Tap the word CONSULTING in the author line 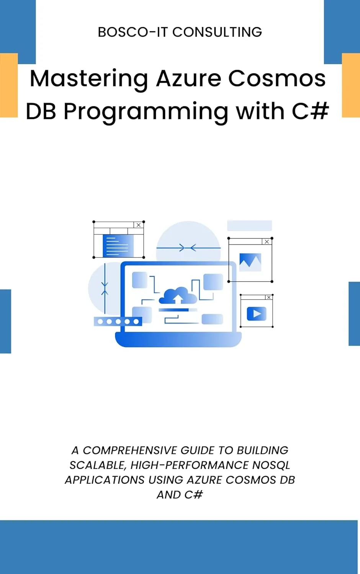click(217, 32)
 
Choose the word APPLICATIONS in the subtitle click(105, 480)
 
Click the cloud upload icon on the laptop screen click(178, 295)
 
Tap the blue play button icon click(257, 314)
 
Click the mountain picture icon click(250, 262)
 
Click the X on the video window click(268, 297)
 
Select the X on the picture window click(267, 241)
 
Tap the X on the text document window click(139, 225)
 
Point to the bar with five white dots click(118, 321)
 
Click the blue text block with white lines click(118, 246)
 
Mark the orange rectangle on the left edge click(9, 85)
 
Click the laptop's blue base click(178, 339)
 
